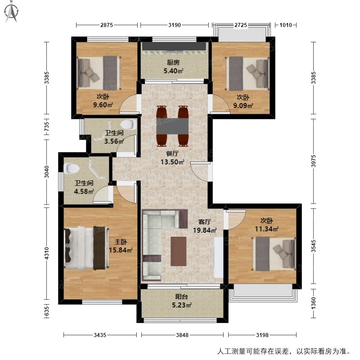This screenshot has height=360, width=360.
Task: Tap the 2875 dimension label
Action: coord(107,25)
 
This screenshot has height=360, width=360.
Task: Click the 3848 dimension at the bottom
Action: coord(182,335)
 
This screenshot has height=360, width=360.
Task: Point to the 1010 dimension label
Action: coord(286,25)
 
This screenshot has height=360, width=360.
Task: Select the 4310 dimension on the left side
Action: coord(47,253)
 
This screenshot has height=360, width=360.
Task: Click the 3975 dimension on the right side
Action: coord(314,161)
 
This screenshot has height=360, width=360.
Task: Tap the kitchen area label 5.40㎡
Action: coord(173,71)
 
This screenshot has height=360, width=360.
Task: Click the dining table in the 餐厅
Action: coord(172,126)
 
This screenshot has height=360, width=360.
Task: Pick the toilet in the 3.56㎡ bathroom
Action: coord(129,124)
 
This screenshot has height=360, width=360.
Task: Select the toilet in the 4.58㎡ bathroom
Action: coord(72,168)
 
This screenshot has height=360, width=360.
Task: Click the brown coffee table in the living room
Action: coord(179,252)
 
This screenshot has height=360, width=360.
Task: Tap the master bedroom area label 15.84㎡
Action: coord(121,250)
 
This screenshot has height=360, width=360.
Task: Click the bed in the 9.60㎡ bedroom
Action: coord(99,73)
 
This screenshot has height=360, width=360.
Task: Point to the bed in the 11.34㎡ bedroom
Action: coord(274,254)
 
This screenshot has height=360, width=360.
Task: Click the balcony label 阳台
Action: coord(182,297)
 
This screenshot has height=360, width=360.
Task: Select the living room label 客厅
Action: coord(205,222)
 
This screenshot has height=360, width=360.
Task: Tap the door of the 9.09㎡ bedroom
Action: coord(220,104)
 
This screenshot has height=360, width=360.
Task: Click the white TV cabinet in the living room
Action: coord(218,257)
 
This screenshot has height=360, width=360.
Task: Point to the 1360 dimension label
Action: coord(314,303)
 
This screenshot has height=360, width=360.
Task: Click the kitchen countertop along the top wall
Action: coord(174,46)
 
